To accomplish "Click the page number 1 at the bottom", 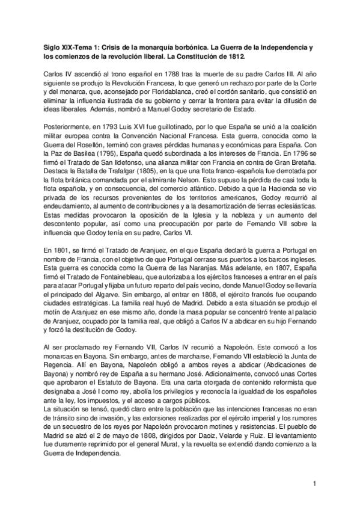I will (314, 482).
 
